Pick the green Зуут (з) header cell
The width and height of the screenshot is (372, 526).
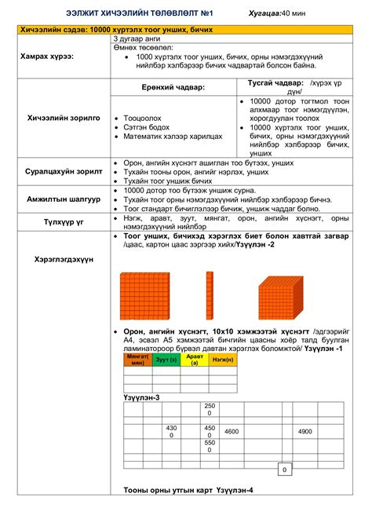click(166, 360)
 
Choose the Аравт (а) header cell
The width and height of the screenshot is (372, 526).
click(192, 360)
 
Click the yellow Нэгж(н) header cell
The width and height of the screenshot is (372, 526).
click(221, 360)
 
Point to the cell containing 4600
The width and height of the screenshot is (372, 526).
click(232, 431)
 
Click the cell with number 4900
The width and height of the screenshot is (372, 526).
click(304, 431)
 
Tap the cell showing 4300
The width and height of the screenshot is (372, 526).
click(171, 431)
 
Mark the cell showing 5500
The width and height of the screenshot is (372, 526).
click(209, 446)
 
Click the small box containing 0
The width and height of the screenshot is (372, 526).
click(283, 469)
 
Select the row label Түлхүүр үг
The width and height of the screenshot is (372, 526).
click(64, 222)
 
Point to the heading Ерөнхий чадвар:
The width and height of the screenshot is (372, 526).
click(173, 86)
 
